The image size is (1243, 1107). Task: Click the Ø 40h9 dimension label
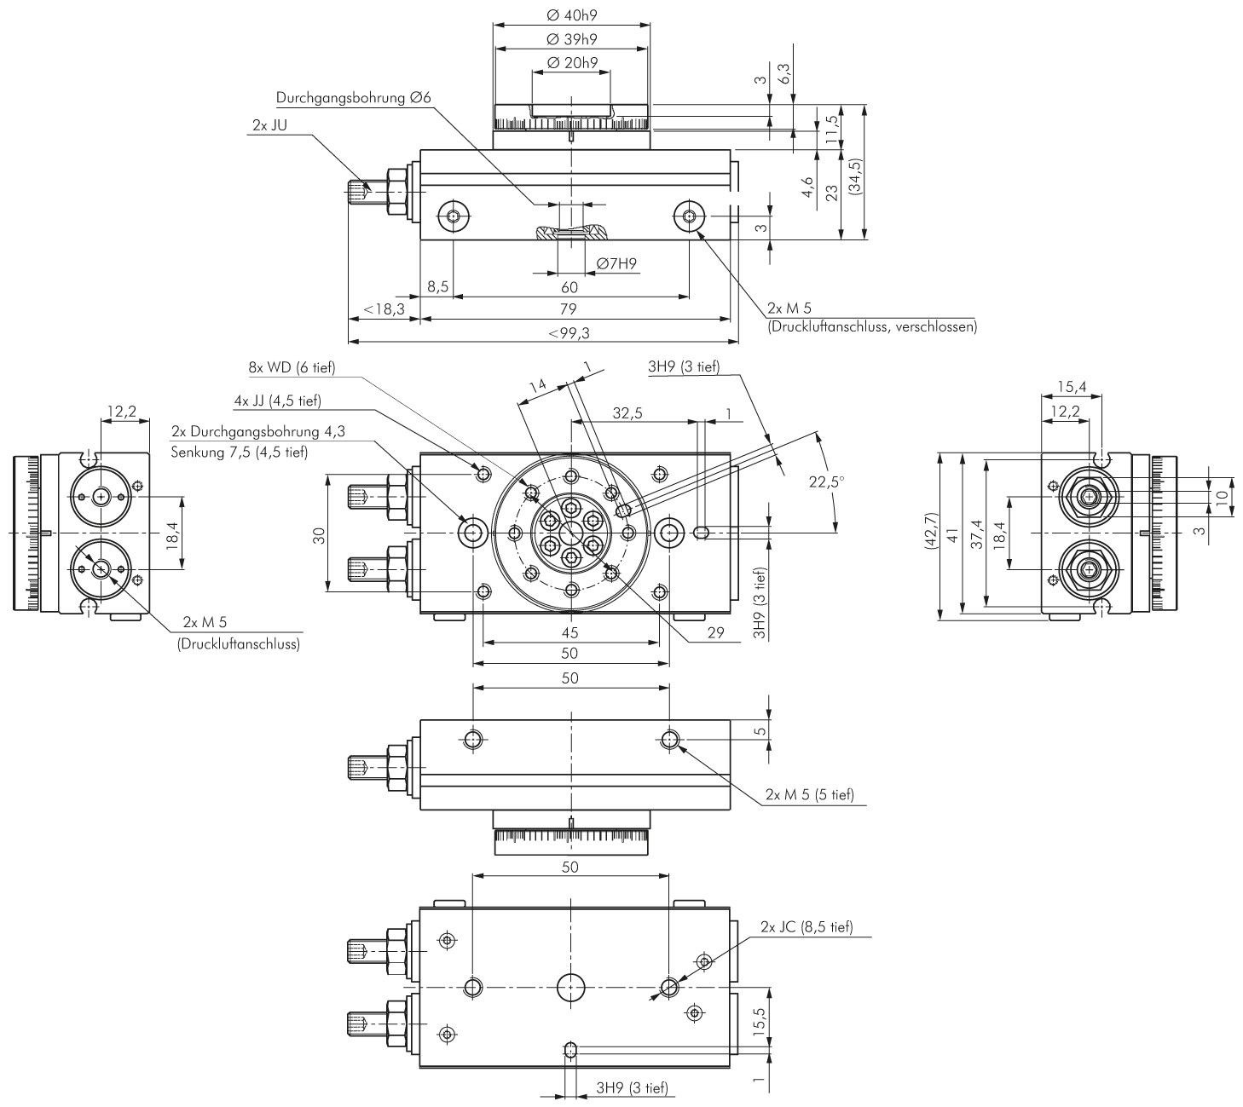[571, 15]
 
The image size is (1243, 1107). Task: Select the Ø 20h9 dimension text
[571, 62]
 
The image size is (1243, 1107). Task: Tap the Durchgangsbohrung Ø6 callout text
[354, 97]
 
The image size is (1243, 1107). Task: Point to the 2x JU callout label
[269, 125]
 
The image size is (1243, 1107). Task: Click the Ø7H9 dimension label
[616, 263]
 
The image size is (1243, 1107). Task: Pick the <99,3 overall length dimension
[569, 333]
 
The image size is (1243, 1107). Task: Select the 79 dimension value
[569, 308]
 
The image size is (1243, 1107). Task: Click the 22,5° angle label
[826, 482]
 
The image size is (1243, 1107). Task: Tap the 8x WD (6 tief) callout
[292, 367]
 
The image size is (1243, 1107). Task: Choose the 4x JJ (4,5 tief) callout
[277, 401]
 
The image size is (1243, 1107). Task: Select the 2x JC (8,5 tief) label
[807, 926]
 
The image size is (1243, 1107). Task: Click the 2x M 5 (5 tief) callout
[810, 794]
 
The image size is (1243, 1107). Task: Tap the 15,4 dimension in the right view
[1072, 386]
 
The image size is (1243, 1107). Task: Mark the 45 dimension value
[570, 632]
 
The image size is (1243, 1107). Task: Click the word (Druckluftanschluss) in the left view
[239, 644]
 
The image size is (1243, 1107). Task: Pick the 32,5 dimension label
[627, 413]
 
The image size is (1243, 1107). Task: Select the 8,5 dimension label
[437, 286]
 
